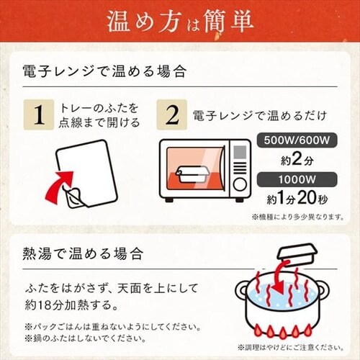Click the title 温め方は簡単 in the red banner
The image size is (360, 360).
pos(180,22)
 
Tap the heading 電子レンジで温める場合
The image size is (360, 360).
pos(104,71)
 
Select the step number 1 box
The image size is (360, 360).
pos(39,114)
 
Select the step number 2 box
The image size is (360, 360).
pos(172,114)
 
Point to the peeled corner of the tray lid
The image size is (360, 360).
pos(74,198)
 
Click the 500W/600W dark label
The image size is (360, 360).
pos(297,140)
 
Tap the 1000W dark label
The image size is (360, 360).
pos(297,179)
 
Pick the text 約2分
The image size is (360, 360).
pos(297,159)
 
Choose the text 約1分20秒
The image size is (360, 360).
pos(297,199)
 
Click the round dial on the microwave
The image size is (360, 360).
pos(240,184)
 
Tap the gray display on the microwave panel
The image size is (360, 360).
pos(240,152)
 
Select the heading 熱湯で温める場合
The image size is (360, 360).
pos(83,253)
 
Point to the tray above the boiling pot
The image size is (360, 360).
pos(297,255)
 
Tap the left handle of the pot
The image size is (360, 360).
pos(241,289)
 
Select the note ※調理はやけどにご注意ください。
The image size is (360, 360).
pos(291,347)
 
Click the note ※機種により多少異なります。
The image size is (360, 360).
pos(298,217)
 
